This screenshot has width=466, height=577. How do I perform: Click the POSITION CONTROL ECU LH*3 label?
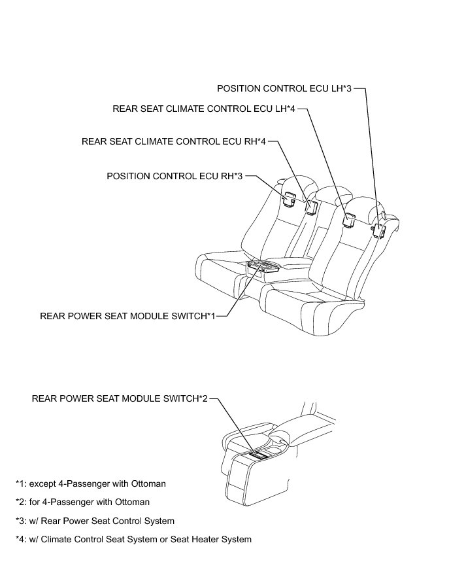(x=284, y=88)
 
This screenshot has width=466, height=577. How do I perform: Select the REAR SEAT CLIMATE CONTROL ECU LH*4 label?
(x=205, y=109)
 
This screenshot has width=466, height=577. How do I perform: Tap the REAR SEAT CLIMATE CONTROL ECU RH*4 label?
(x=173, y=141)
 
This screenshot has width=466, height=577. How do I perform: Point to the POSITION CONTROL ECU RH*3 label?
(x=175, y=176)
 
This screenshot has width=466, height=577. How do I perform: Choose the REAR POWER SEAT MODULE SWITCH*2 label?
(x=119, y=398)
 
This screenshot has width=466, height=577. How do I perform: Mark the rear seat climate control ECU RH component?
(x=311, y=205)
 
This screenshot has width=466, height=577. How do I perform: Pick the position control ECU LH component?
(x=378, y=230)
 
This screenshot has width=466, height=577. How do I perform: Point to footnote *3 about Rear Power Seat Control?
(x=95, y=521)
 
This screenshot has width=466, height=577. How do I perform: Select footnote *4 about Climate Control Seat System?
(x=133, y=539)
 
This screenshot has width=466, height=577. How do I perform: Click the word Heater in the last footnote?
(x=205, y=539)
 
